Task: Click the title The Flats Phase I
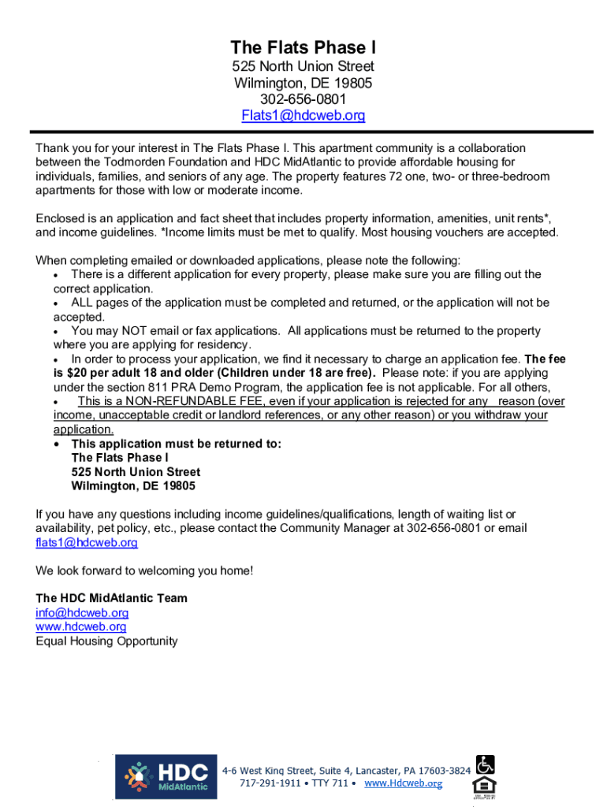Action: pyautogui.click(x=303, y=47)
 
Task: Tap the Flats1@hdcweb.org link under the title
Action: pyautogui.click(x=303, y=116)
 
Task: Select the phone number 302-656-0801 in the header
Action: pyautogui.click(x=303, y=99)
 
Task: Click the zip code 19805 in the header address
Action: pyautogui.click(x=353, y=83)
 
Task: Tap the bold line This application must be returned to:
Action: pyautogui.click(x=176, y=444)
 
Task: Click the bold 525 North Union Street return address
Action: pyautogui.click(x=136, y=472)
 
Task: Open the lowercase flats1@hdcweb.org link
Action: pyautogui.click(x=87, y=543)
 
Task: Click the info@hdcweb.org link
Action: pyautogui.click(x=82, y=613)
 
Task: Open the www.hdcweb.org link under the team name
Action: pyautogui.click(x=80, y=627)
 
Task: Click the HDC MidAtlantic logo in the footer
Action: pyautogui.click(x=166, y=777)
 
